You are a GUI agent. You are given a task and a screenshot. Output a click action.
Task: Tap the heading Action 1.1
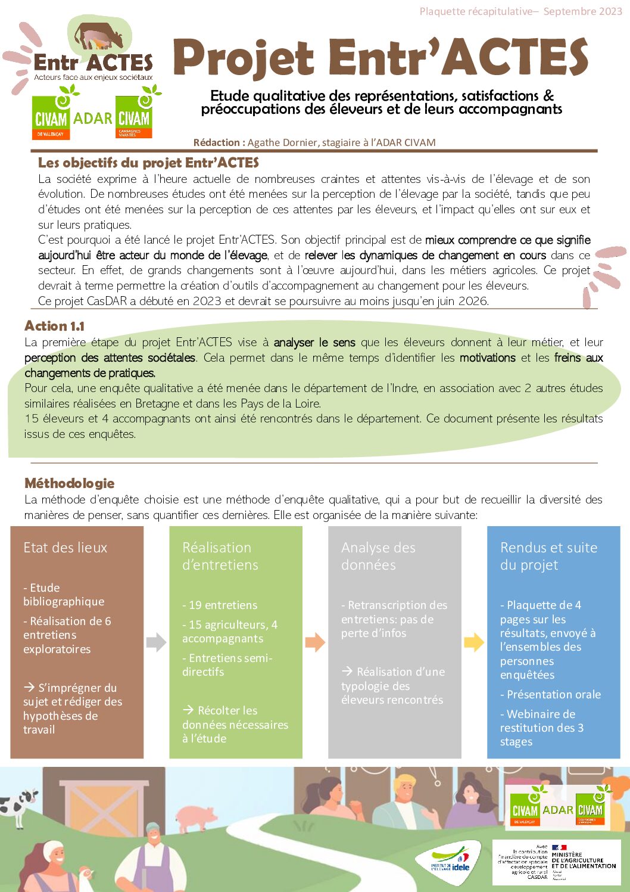pyautogui.click(x=54, y=326)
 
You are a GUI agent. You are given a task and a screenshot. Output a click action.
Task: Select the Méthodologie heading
pyautogui.click(x=69, y=483)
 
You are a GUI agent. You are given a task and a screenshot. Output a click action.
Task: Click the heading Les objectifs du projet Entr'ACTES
pyautogui.click(x=148, y=163)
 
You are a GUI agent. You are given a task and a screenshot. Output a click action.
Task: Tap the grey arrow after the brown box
pyautogui.click(x=156, y=642)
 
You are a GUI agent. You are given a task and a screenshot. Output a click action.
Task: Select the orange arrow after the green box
pyautogui.click(x=315, y=642)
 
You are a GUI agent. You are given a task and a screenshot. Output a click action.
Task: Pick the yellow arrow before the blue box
pyautogui.click(x=474, y=642)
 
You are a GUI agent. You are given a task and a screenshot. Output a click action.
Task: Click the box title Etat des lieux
pyautogui.click(x=66, y=548)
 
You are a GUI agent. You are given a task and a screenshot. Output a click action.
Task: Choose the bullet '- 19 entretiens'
pyautogui.click(x=220, y=605)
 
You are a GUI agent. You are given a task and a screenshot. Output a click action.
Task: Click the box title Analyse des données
pyautogui.click(x=378, y=556)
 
